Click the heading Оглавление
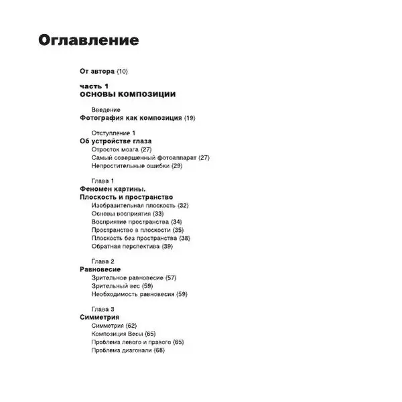(88, 40)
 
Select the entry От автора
(97, 71)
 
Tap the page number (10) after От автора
(122, 71)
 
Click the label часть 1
(94, 86)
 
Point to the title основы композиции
(127, 94)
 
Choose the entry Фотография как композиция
(131, 118)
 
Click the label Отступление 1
(113, 133)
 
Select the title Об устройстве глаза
(115, 141)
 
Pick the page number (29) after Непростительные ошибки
(177, 165)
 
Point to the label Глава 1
(103, 181)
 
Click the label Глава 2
(103, 261)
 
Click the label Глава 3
(103, 309)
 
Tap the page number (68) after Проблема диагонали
(159, 350)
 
